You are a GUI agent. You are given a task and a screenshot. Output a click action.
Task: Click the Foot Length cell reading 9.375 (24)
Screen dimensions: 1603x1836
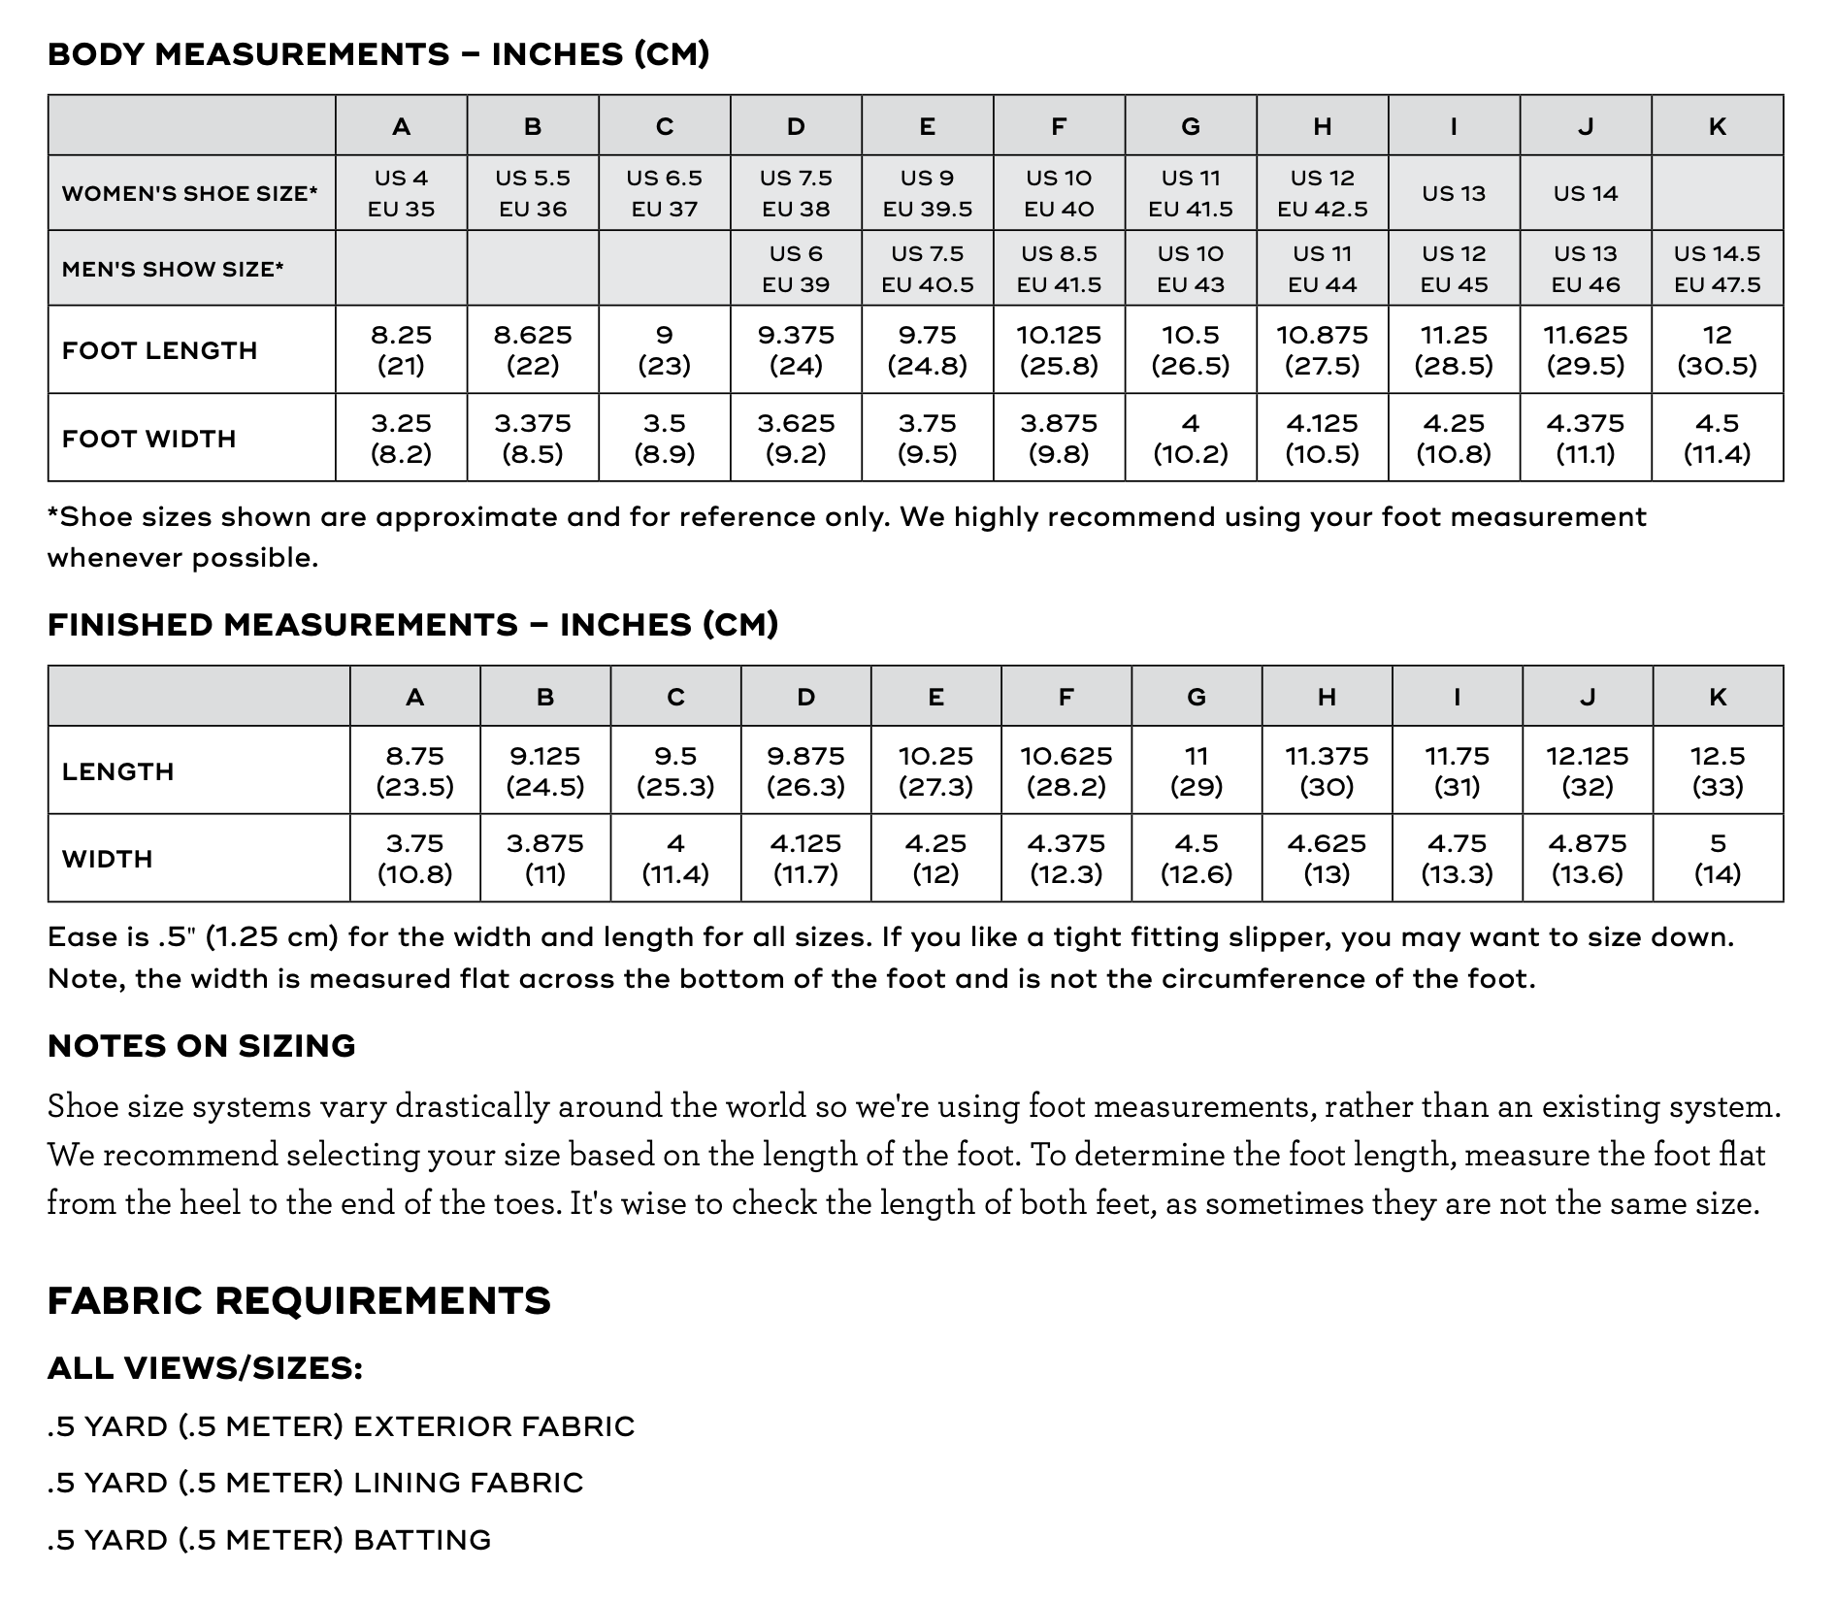(x=796, y=349)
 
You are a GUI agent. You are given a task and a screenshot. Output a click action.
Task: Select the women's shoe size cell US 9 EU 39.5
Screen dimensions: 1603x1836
(x=927, y=193)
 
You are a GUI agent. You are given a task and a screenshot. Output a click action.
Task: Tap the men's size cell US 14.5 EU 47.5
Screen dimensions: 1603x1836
(x=1717, y=269)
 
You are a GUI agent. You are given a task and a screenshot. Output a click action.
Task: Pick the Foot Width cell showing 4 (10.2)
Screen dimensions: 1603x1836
(x=1191, y=438)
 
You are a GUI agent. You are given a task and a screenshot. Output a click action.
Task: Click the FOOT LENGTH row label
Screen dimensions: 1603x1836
(x=160, y=350)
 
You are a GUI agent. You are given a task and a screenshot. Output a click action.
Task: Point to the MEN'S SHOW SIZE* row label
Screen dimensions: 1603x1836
(x=173, y=269)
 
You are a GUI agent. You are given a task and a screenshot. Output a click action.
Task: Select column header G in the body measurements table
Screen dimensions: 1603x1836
(x=1191, y=126)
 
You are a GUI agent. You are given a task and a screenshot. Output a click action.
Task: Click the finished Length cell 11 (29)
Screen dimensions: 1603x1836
(x=1197, y=770)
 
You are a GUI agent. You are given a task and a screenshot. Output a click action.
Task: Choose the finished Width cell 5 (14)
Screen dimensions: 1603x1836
(x=1718, y=858)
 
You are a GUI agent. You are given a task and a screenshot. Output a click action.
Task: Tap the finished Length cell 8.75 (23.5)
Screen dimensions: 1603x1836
(x=414, y=770)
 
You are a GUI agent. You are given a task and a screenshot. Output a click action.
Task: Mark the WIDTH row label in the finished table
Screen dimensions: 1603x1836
(x=108, y=859)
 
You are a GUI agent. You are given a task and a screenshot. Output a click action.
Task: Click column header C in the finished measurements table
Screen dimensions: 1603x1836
(x=675, y=697)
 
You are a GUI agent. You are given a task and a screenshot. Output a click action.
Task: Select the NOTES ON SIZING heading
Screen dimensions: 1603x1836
(x=202, y=1045)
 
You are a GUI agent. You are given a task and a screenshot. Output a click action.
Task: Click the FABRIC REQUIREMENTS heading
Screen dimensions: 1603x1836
(x=299, y=1299)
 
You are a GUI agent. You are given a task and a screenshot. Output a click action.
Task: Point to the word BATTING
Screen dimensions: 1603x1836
(x=422, y=1539)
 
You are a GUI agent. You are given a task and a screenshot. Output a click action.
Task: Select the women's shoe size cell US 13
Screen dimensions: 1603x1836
(x=1453, y=193)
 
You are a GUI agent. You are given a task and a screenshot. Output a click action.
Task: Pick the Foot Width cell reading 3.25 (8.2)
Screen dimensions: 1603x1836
(x=401, y=438)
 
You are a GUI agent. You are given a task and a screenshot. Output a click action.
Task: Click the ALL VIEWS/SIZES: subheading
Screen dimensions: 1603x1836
(x=205, y=1368)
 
